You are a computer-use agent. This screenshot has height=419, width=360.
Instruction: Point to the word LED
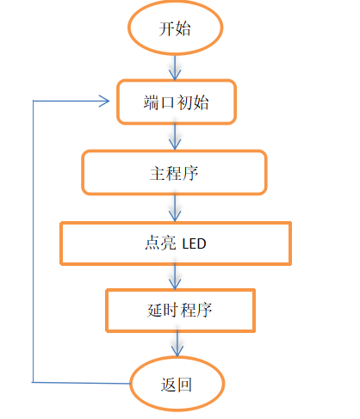[194, 243]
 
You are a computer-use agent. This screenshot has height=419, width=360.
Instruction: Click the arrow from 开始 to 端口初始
[175, 67]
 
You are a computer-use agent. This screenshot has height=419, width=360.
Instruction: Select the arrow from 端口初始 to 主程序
[175, 137]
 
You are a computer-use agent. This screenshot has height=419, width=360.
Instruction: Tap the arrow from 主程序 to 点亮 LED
[175, 208]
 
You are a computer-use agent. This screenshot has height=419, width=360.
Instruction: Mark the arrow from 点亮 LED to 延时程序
[175, 277]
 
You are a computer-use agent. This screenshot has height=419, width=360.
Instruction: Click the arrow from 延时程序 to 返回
[177, 344]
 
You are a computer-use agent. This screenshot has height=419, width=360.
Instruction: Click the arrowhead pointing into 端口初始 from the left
[104, 101]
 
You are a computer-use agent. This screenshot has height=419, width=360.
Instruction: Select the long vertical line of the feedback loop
[33, 242]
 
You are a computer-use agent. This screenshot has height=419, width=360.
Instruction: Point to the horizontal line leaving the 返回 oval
[81, 383]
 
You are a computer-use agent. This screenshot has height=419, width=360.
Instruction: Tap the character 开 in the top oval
[166, 28]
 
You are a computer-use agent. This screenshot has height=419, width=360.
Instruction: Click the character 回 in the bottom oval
[184, 385]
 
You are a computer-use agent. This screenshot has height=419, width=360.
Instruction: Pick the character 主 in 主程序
[158, 174]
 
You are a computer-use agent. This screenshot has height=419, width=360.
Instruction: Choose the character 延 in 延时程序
[155, 311]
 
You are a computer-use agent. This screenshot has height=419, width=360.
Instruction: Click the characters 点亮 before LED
[160, 243]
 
